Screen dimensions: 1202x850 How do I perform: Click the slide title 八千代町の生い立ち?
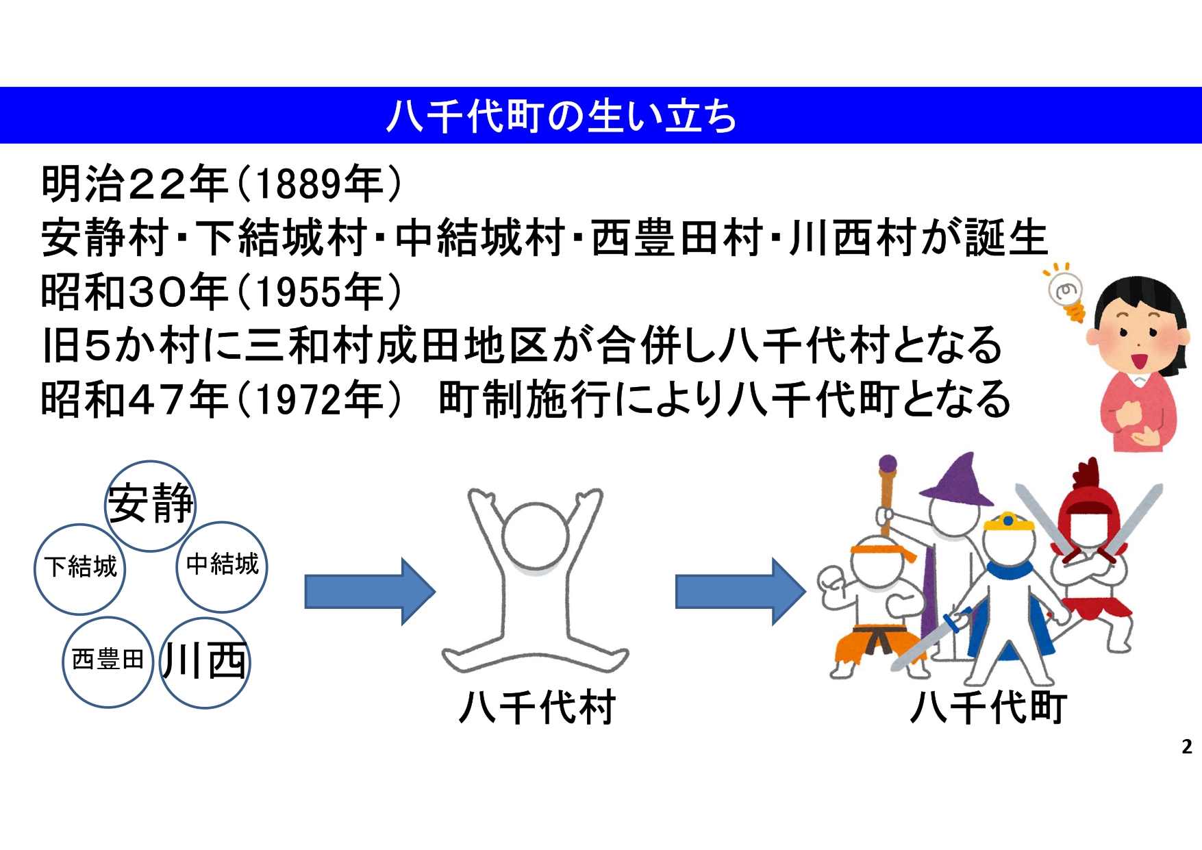pyautogui.click(x=562, y=116)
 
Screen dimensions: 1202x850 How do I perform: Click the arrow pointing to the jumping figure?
pyautogui.click(x=370, y=592)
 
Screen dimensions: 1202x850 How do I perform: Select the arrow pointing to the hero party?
pyautogui.click(x=741, y=592)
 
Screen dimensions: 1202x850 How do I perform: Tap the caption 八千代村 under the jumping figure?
pyautogui.click(x=537, y=708)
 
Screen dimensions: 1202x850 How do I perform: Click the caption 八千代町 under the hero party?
pyautogui.click(x=988, y=708)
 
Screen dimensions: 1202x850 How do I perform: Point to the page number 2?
pyautogui.click(x=1187, y=747)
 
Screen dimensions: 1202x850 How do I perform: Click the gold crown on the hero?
pyautogui.click(x=1008, y=522)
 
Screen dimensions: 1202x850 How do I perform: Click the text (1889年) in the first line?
pyautogui.click(x=319, y=184)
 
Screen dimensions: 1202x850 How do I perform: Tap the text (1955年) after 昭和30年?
pyautogui.click(x=319, y=292)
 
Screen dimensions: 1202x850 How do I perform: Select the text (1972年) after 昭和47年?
pyautogui.click(x=319, y=400)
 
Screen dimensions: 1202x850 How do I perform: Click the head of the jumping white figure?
pyautogui.click(x=535, y=538)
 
